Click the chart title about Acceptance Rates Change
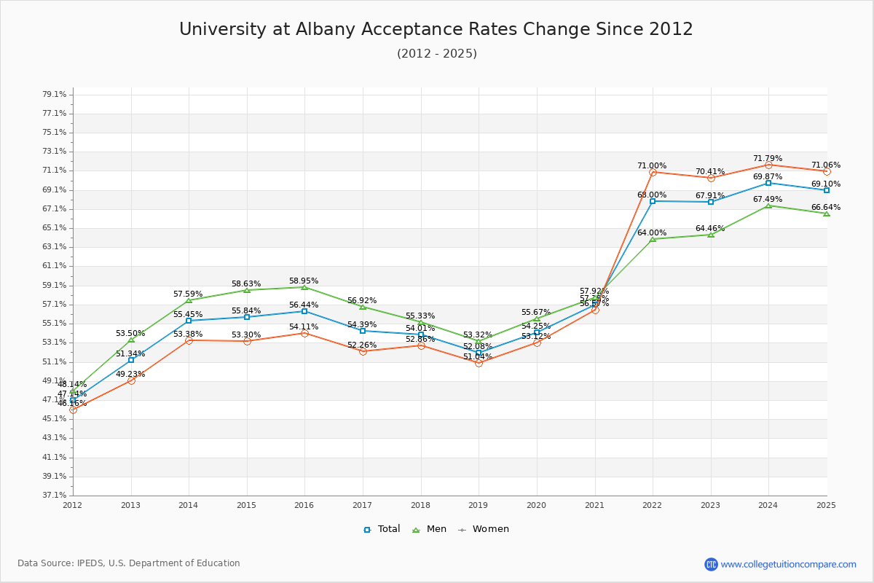tap(436, 29)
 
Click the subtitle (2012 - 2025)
tap(436, 54)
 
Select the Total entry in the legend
tap(382, 529)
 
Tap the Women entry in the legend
tap(483, 529)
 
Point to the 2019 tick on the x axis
tap(479, 504)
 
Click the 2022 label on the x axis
tap(653, 504)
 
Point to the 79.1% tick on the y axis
tap(55, 95)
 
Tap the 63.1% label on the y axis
tap(55, 247)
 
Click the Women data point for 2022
tap(653, 172)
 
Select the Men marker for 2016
tap(304, 287)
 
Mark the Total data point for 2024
tap(768, 183)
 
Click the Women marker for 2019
tap(479, 363)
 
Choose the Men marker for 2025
tap(827, 214)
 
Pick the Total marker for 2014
tap(189, 321)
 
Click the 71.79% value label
tap(768, 158)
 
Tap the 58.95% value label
tap(304, 281)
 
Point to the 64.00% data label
tap(652, 232)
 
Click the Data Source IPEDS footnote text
tap(129, 563)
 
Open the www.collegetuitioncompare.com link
tap(788, 564)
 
